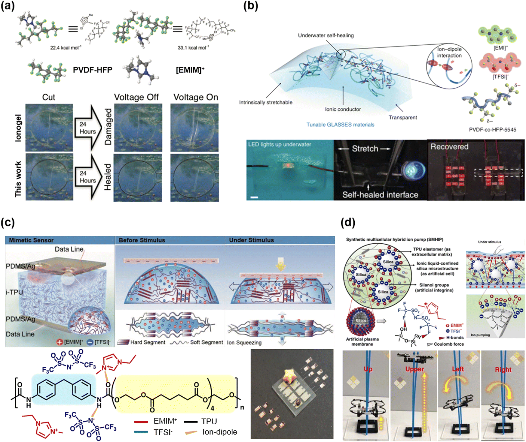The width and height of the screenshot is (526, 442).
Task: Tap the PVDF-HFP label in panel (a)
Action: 93,70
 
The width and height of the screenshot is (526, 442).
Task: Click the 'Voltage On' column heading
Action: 196,97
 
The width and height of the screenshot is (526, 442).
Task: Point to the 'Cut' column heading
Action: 49,97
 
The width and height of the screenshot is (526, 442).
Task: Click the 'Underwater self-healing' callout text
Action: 326,35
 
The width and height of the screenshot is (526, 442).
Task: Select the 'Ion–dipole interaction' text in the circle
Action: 449,53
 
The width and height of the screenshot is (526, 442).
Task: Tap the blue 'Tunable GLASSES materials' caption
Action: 340,125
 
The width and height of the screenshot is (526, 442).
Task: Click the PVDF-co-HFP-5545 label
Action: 492,130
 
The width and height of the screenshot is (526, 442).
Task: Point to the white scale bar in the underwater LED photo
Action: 254,197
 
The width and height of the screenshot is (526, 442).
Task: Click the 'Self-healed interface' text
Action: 380,195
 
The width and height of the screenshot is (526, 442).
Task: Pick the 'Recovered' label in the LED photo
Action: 449,147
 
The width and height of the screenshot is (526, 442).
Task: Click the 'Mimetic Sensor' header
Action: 31,240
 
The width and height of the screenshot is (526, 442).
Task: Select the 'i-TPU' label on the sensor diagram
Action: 14,292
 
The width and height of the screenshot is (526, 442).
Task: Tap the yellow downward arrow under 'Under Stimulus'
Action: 281,264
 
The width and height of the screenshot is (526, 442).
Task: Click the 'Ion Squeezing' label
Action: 244,342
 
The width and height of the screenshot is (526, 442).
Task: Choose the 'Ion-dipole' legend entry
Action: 219,432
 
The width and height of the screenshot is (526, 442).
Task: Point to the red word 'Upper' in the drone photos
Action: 414,369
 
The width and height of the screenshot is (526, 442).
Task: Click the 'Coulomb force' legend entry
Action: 448,344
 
